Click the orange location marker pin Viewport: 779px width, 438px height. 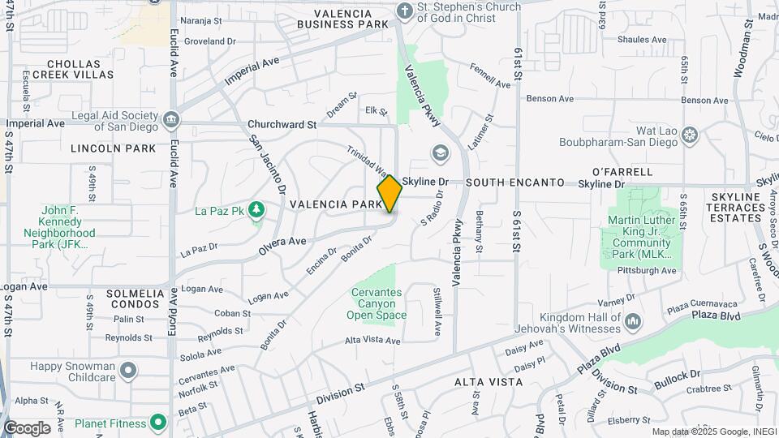click(389, 194)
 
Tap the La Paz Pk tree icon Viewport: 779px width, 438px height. click(257, 211)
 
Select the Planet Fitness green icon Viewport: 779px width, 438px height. click(157, 423)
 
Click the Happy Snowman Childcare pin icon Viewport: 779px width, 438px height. click(127, 372)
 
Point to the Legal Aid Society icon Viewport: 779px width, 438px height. click(171, 121)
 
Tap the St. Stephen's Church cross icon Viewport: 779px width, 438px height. click(404, 11)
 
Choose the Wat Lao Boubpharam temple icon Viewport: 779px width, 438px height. click(690, 134)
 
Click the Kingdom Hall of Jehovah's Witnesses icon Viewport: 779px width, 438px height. click(633, 323)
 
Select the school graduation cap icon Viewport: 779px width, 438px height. click(440, 153)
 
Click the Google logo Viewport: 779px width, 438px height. click(27, 427)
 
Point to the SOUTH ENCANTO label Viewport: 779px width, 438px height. click(514, 183)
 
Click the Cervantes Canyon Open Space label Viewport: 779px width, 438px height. click(377, 303)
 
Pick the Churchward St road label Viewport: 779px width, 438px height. click(282, 125)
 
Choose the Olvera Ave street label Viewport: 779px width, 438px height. click(282, 242)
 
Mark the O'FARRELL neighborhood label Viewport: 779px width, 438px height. click(622, 172)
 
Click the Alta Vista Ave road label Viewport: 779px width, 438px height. click(372, 341)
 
